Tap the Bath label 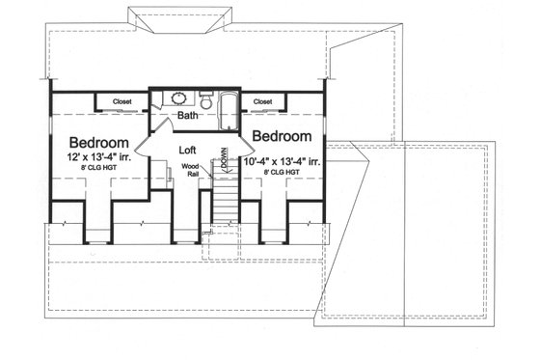tap(189, 118)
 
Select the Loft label tap(189, 151)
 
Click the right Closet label tap(262, 100)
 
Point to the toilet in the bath tap(205, 99)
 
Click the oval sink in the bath tap(178, 98)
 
